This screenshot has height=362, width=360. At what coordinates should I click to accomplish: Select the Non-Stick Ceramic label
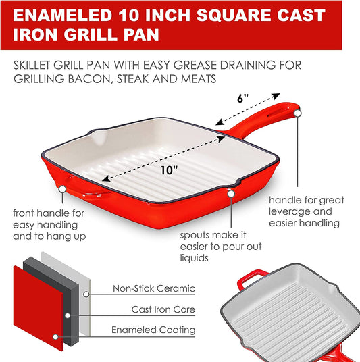click(155, 288)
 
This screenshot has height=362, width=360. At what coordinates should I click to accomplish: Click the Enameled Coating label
click(155, 330)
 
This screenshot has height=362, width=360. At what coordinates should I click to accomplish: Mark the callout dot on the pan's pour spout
click(231, 194)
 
